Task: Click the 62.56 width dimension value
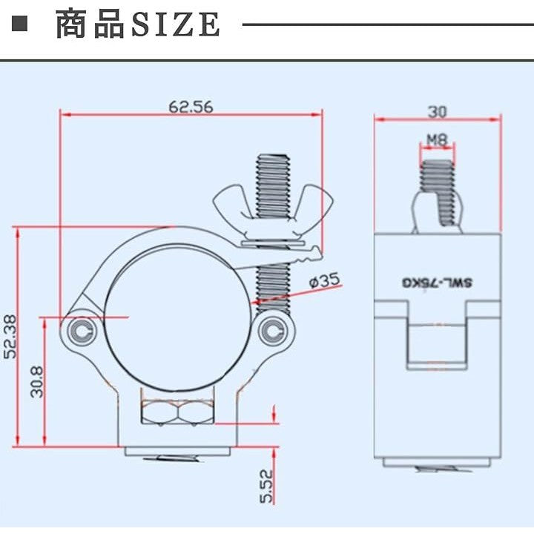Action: [x=191, y=107]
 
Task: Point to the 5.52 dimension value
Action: [x=268, y=485]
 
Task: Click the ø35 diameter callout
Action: [x=324, y=280]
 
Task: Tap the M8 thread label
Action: [x=436, y=139]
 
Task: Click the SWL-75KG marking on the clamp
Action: [x=438, y=283]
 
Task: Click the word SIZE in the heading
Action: [x=175, y=25]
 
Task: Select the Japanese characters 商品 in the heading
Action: [x=89, y=25]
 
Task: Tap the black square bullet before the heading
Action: [x=20, y=24]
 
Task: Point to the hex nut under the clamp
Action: [x=178, y=411]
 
